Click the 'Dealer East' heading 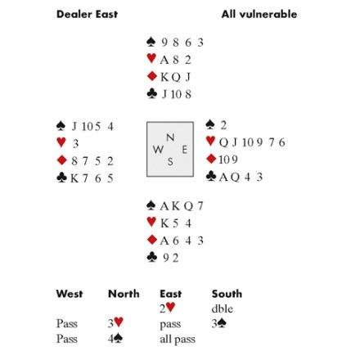pyautogui.click(x=87, y=14)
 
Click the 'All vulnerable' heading pyautogui.click(x=259, y=14)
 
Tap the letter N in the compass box pyautogui.click(x=170, y=137)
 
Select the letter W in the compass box pyautogui.click(x=158, y=150)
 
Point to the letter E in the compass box pyautogui.click(x=185, y=150)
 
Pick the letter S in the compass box pyautogui.click(x=170, y=162)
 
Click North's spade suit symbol pyautogui.click(x=151, y=42)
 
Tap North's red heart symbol pyautogui.click(x=151, y=58)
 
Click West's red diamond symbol pyautogui.click(x=62, y=160)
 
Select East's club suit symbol pyautogui.click(x=211, y=176)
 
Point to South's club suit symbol pyautogui.click(x=152, y=257)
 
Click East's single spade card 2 pyautogui.click(x=223, y=125)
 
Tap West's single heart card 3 pyautogui.click(x=75, y=143)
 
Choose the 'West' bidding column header pyautogui.click(x=70, y=294)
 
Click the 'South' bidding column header pyautogui.click(x=227, y=294)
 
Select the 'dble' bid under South pyautogui.click(x=223, y=308)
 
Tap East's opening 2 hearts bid pyautogui.click(x=167, y=308)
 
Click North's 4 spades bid pyautogui.click(x=115, y=339)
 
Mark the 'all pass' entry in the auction pyautogui.click(x=178, y=340)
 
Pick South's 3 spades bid pyautogui.click(x=219, y=324)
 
